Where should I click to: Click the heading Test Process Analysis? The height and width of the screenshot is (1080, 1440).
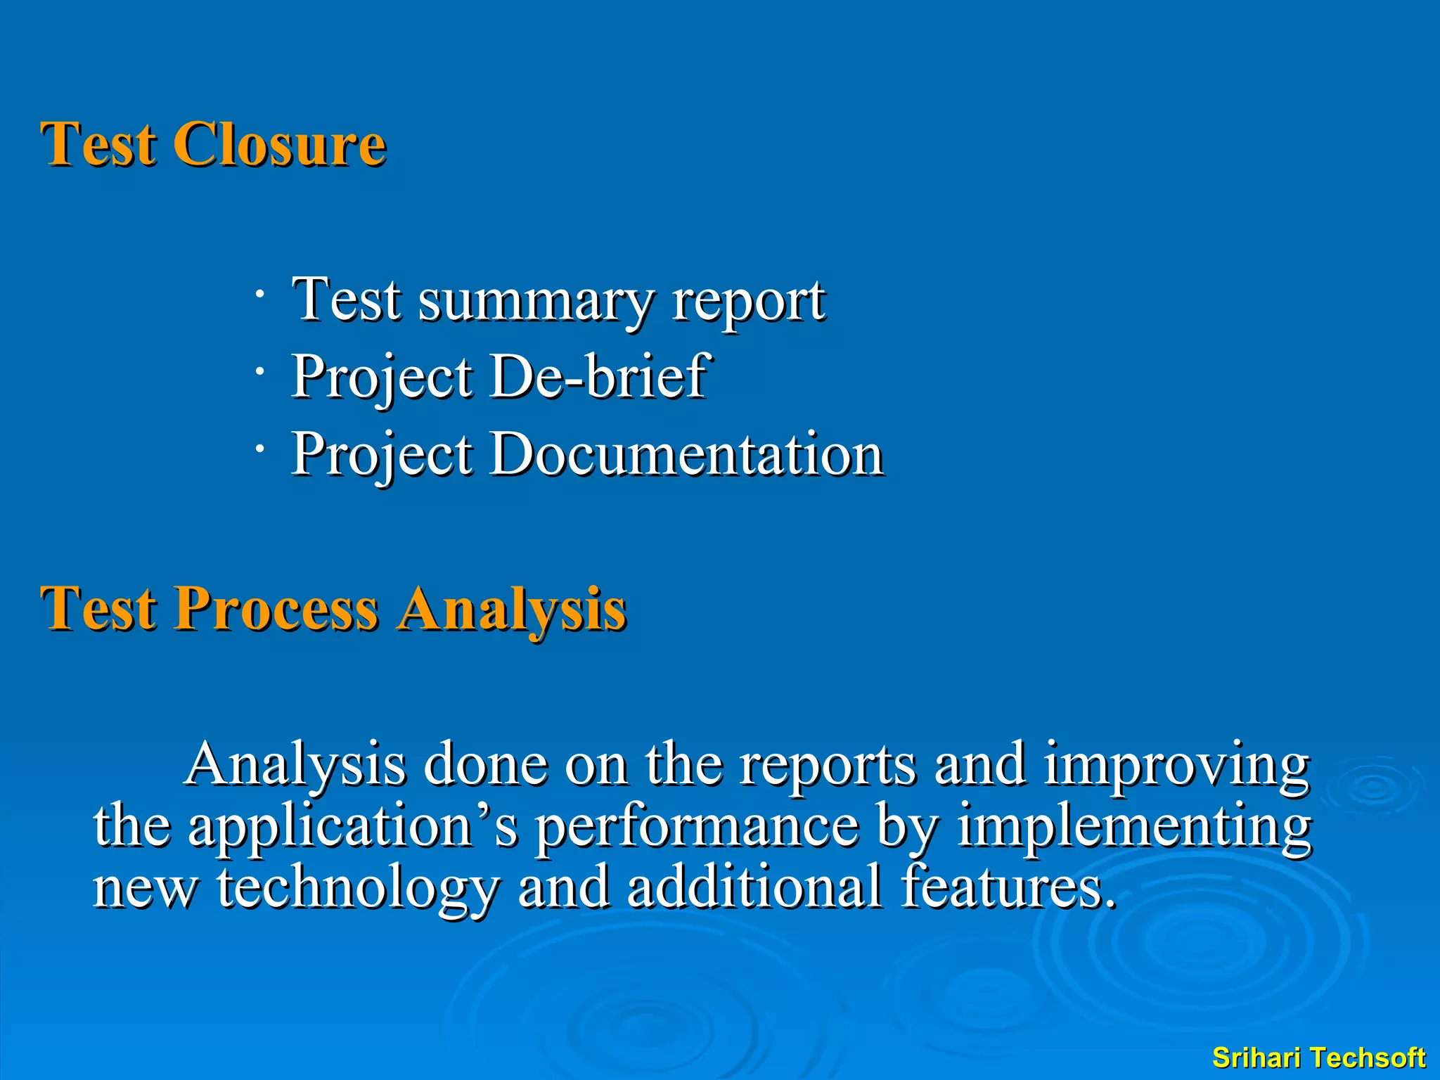pos(333,609)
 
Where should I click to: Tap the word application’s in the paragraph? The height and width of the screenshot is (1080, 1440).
pos(352,828)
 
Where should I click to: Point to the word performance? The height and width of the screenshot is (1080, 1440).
pos(697,828)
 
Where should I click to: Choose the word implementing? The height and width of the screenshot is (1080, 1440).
pos(1134,828)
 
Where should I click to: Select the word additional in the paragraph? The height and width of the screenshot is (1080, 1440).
pos(754,887)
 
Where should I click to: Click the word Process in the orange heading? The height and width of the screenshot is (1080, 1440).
pos(276,609)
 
